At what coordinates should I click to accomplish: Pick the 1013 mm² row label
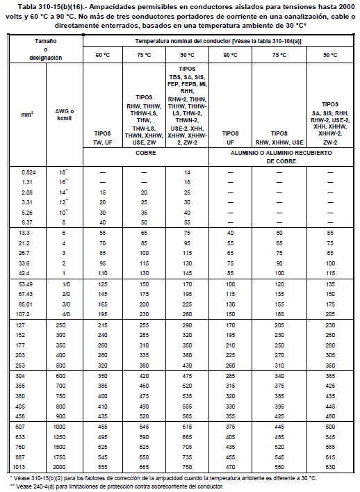click(28, 467)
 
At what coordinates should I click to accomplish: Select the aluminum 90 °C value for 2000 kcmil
click(329, 467)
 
